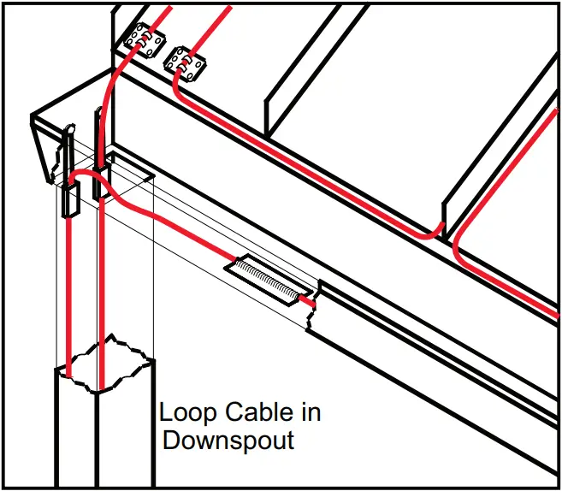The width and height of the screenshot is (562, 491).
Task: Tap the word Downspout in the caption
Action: (x=228, y=441)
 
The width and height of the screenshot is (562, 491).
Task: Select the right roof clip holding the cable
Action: (x=186, y=63)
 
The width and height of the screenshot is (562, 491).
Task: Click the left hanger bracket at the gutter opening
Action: (x=68, y=171)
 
